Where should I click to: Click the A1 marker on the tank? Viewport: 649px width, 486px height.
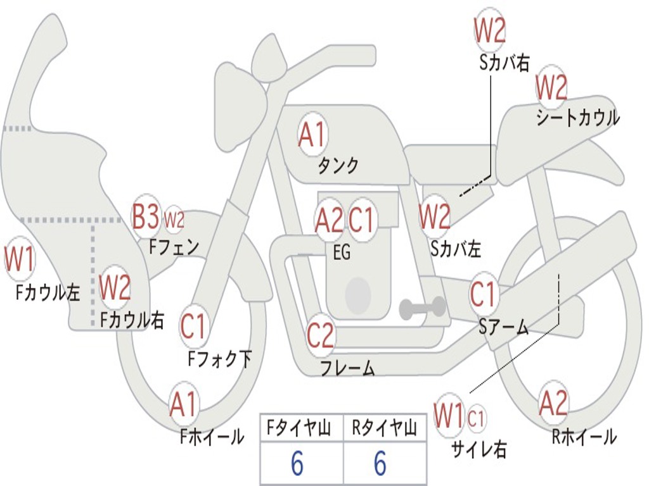point(312,134)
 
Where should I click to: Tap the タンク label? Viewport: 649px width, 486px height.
point(338,166)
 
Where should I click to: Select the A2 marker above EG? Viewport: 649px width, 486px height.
point(329,220)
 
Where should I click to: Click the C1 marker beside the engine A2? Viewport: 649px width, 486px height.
point(362,220)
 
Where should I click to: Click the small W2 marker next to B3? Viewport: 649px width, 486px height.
point(174,220)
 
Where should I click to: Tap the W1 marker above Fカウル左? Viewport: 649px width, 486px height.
point(19,260)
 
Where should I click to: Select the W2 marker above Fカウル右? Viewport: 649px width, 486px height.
point(115,288)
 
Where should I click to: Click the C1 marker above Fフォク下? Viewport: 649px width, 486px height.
point(193,327)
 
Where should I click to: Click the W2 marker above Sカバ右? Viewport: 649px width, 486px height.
point(490,29)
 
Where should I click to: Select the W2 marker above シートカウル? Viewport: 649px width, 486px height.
point(551,87)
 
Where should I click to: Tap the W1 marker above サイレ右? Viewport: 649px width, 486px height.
point(449,416)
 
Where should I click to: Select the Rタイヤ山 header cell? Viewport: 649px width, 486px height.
point(384,429)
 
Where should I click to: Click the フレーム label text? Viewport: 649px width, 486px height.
point(347,368)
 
